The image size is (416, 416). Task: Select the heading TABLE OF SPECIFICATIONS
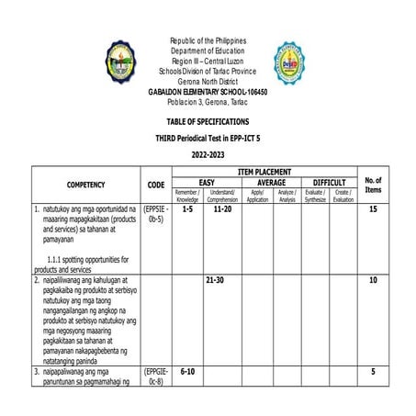(x=208, y=122)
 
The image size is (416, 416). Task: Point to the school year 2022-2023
(x=208, y=155)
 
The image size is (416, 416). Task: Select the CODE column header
(x=156, y=185)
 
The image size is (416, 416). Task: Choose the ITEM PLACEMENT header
(x=264, y=172)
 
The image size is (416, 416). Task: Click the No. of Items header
(x=373, y=185)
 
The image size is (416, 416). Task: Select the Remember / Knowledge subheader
(x=187, y=195)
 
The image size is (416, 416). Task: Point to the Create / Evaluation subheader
(x=343, y=195)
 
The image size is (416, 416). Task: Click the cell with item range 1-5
(x=187, y=210)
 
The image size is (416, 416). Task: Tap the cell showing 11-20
(x=222, y=210)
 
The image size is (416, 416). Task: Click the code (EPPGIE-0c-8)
(x=156, y=377)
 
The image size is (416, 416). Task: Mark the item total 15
(x=373, y=210)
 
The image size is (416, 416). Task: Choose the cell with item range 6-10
(x=189, y=372)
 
